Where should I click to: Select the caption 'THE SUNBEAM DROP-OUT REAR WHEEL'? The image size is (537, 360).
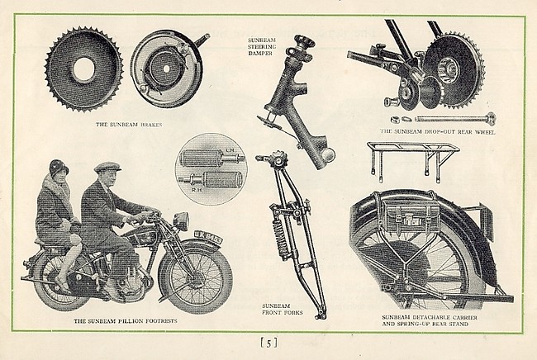click(436, 131)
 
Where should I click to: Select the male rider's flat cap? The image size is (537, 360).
click(107, 168)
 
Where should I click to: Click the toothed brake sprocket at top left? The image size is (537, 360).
click(83, 69)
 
